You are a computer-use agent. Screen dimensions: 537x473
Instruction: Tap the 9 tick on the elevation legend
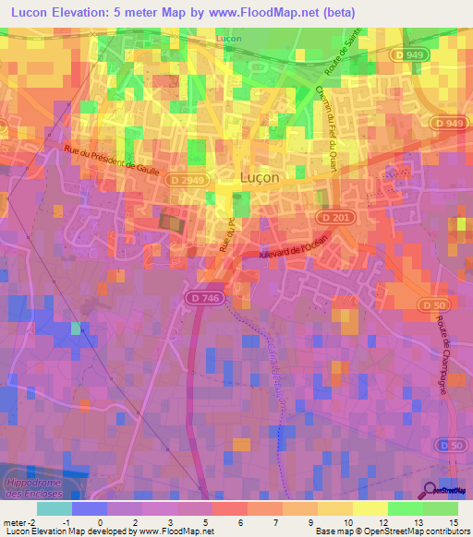(x=318, y=521)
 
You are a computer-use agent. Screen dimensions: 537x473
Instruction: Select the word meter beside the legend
(x=14, y=521)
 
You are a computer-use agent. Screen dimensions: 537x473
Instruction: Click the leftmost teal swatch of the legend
(x=54, y=508)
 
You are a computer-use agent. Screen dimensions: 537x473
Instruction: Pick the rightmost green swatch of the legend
(x=441, y=508)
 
